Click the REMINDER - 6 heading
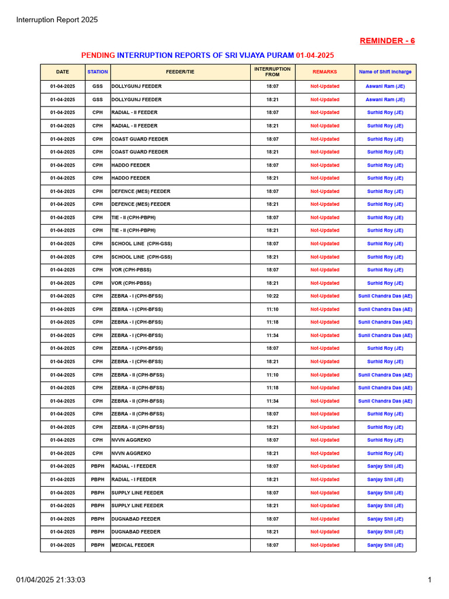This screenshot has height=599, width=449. click(x=387, y=40)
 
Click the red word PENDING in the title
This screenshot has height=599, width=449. click(x=98, y=55)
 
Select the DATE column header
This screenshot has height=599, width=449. click(x=63, y=72)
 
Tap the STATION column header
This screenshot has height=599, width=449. click(x=98, y=72)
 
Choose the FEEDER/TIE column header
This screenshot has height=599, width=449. click(x=180, y=72)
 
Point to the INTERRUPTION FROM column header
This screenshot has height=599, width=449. click(x=272, y=72)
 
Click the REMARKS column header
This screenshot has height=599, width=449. click(x=324, y=72)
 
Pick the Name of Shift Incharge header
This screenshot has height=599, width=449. click(x=385, y=72)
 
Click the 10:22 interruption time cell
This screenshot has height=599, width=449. click(x=272, y=296)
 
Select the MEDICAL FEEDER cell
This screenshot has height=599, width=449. click(x=133, y=545)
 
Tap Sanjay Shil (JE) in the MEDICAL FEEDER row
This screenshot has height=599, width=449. click(x=385, y=545)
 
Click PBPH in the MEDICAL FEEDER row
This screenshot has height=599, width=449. click(x=98, y=545)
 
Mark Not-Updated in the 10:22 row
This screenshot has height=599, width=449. click(x=324, y=296)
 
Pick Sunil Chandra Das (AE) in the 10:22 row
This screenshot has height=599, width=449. click(x=385, y=296)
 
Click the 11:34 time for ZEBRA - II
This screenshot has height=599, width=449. click(x=272, y=401)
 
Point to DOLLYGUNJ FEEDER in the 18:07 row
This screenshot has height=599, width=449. click(x=137, y=87)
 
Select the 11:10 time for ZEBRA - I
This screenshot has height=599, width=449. click(x=272, y=309)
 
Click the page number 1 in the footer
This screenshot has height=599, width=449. click(x=430, y=580)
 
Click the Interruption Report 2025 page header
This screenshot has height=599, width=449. click(x=57, y=20)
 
